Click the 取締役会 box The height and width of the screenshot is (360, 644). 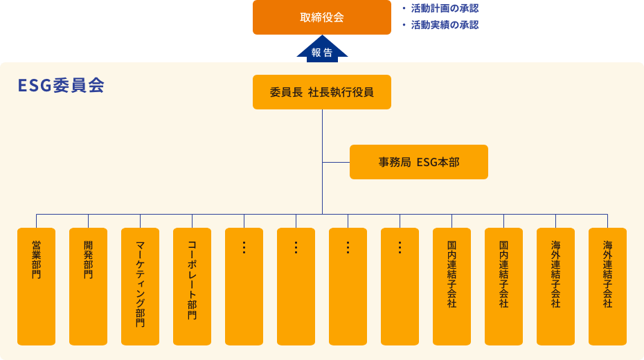(322, 17)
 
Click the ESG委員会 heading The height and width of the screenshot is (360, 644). (61, 86)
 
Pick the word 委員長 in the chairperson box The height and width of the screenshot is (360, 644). (286, 92)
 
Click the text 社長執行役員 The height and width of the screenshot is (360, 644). (341, 92)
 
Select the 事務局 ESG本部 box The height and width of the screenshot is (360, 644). (419, 162)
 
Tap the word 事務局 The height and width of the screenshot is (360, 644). (395, 162)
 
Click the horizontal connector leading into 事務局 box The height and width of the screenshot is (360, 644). (336, 162)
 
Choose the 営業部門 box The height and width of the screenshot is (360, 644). (36, 286)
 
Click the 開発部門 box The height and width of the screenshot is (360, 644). (88, 286)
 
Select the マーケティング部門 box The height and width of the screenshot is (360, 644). (140, 286)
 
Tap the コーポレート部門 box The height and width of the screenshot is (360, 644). (192, 286)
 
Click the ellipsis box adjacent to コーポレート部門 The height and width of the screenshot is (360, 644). (244, 286)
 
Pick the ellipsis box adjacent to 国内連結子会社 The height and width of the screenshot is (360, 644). (400, 286)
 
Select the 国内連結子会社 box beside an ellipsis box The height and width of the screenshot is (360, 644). (451, 286)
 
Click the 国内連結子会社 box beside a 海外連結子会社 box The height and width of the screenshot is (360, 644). (503, 286)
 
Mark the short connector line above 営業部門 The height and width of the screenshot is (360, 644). (36, 221)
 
